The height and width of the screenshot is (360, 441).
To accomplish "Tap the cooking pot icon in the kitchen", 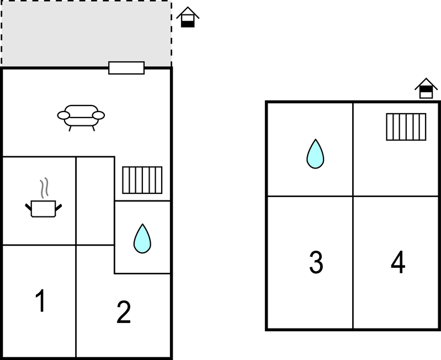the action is click(43, 209).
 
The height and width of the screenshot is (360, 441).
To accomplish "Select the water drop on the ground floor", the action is click(142, 239).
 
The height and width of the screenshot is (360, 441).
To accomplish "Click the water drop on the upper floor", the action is click(315, 154).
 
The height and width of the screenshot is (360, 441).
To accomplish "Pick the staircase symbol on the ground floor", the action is click(142, 180).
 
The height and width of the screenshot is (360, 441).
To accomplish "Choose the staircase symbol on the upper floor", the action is click(406, 127).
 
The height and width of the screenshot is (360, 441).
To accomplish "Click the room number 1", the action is click(41, 300).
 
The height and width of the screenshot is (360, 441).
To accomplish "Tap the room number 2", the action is click(124, 311).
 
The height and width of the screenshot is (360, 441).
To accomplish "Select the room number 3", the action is click(316, 262).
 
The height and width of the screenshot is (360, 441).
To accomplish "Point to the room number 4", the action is click(399, 262).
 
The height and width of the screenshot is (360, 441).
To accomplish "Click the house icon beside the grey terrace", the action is click(188, 17).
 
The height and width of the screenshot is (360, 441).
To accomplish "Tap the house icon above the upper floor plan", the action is click(426, 88).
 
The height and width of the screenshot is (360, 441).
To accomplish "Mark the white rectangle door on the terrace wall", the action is click(126, 68).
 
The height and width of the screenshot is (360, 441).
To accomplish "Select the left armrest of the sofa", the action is click(63, 115).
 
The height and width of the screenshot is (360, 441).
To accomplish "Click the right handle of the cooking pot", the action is click(59, 208).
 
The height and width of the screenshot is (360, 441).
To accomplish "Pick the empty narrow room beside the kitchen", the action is click(95, 201).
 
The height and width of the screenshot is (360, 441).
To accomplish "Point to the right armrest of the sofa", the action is click(98, 115).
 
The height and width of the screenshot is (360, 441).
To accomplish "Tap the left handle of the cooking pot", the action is click(28, 208).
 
